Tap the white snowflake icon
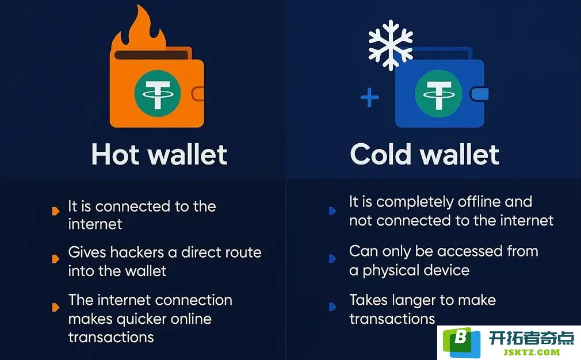[x=391, y=45]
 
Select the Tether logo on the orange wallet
[x=158, y=93]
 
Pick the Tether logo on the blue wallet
[x=438, y=93]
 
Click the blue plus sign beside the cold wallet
[x=369, y=97]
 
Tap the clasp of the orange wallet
[x=198, y=94]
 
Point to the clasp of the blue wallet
[x=480, y=94]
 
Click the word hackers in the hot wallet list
[x=137, y=252]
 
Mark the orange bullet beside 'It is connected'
[x=56, y=211]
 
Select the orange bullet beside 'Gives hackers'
[x=56, y=259]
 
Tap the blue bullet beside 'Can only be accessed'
[x=332, y=259]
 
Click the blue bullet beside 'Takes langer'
[x=332, y=307]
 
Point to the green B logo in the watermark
[x=461, y=341]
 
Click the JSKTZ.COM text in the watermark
[x=532, y=352]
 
